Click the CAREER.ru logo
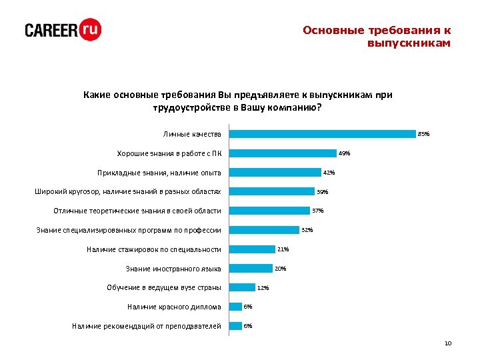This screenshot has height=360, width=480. (x=63, y=31)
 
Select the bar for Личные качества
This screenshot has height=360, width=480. (x=322, y=133)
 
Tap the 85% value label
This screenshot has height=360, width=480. (x=424, y=134)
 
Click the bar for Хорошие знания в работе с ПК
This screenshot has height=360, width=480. (x=283, y=153)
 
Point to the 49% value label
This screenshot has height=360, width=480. (x=344, y=153)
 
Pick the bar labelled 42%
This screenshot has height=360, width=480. (x=275, y=173)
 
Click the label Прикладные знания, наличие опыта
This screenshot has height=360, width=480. (x=159, y=173)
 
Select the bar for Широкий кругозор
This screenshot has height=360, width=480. (x=271, y=191)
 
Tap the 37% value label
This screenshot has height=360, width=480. (x=318, y=211)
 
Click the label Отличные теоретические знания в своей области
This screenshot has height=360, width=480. (x=137, y=211)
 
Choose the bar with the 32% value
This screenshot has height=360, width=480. (x=263, y=230)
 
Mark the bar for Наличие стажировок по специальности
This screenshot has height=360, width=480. (x=251, y=249)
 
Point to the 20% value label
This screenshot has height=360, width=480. (x=281, y=269)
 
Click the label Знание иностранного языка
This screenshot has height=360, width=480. (x=173, y=269)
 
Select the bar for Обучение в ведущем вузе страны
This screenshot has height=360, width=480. (x=242, y=287)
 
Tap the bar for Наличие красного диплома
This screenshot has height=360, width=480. (x=235, y=307)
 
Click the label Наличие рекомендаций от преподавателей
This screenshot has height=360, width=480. (x=146, y=326)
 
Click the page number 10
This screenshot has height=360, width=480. (x=447, y=343)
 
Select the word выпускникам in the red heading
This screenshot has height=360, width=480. (x=409, y=43)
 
